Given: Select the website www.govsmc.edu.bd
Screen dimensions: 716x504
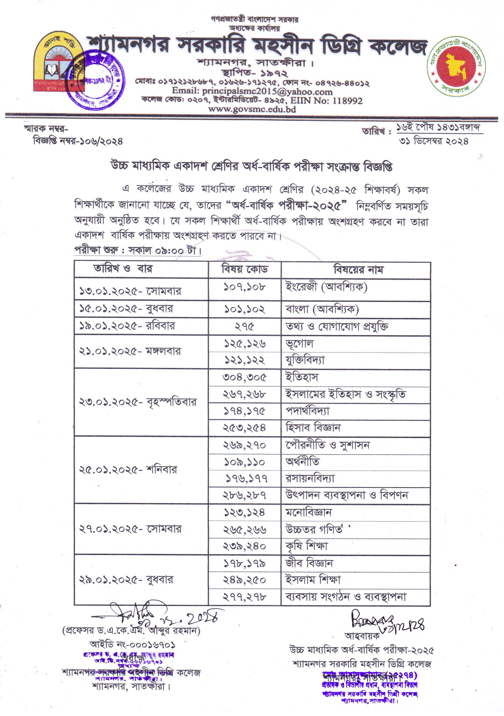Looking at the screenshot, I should (x=252, y=109).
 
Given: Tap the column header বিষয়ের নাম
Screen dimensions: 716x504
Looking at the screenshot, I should (x=358, y=269).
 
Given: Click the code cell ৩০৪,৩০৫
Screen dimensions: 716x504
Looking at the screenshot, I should (x=245, y=377).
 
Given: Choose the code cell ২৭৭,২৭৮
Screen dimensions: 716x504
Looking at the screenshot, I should (x=245, y=597).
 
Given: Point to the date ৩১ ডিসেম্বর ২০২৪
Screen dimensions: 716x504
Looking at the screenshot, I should (x=434, y=141).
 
